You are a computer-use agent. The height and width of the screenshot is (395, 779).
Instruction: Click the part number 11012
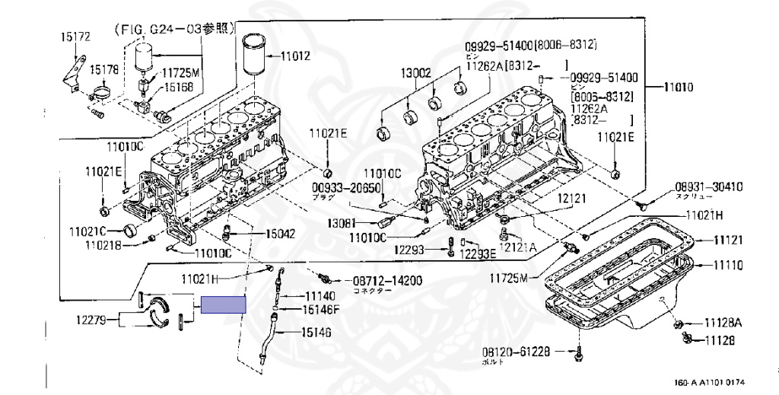296,55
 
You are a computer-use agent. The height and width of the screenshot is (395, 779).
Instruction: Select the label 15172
76,36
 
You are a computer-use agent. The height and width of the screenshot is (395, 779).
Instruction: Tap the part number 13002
417,73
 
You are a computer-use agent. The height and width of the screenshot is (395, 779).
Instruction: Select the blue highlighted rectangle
224,304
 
